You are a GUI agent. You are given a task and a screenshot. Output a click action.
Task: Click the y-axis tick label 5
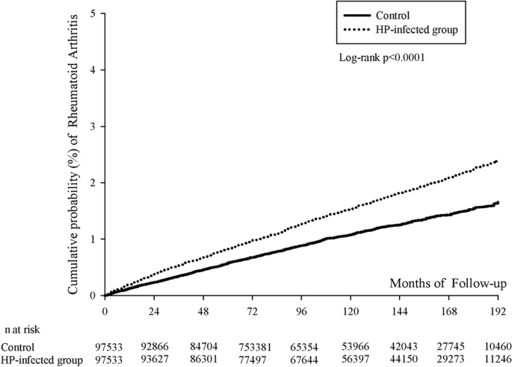coord(92,13)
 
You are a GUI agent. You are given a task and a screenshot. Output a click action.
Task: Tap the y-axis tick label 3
coord(92,126)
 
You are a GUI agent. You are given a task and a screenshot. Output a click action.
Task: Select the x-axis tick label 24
coord(154,310)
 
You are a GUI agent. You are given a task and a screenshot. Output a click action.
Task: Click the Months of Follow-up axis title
coord(448,282)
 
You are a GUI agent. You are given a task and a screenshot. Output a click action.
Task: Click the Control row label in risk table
coord(17,347)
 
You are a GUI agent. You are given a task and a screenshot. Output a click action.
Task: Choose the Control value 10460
coord(497,347)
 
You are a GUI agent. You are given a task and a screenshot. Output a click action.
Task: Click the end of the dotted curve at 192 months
coord(497,161)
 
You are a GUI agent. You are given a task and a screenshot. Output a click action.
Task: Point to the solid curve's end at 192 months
coord(497,202)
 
